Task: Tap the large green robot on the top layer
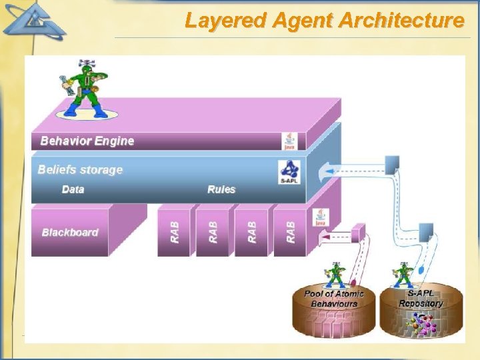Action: tap(85, 89)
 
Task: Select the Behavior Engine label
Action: tap(87, 141)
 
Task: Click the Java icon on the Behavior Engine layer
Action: tap(289, 141)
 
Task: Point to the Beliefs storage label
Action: tap(81, 169)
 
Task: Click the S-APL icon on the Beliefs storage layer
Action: tap(289, 172)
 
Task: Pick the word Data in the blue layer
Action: tap(73, 189)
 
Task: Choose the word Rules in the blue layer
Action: tap(221, 189)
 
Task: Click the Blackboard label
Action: tap(70, 232)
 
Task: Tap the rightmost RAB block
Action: tap(290, 231)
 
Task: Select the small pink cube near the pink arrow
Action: tap(359, 231)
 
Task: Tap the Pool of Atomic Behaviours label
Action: tap(334, 298)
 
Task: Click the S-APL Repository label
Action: tap(421, 298)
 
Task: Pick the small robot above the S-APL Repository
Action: tap(403, 274)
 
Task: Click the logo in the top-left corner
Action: tap(33, 20)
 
